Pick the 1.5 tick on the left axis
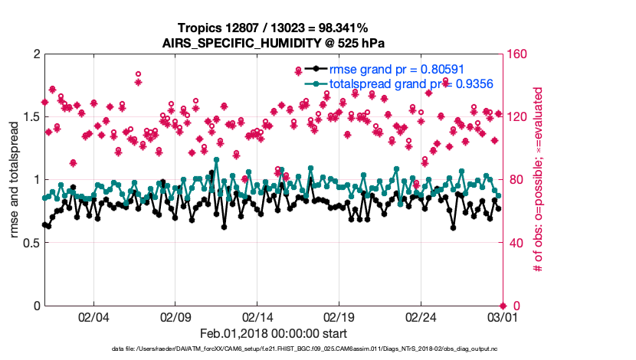point(31,117)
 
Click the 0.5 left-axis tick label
point(31,243)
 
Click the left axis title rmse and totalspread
point(15,180)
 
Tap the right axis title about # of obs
point(539,180)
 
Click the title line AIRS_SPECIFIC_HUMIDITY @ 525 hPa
point(274,43)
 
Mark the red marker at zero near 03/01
point(502,306)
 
